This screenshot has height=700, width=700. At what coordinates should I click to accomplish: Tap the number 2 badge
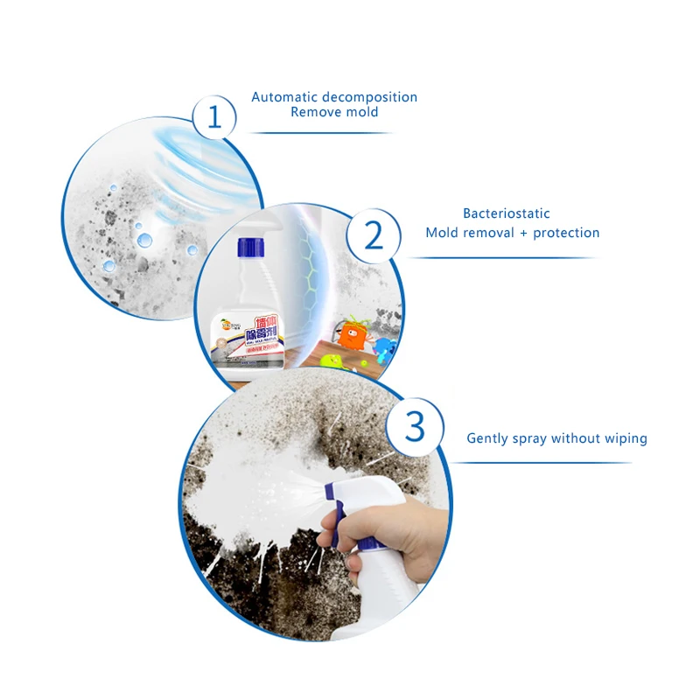pos(374,234)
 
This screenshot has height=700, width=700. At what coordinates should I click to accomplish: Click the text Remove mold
pos(334,112)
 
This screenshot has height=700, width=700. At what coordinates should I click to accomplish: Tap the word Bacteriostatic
pos(507,213)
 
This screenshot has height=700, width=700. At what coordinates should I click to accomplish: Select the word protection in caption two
pos(565,233)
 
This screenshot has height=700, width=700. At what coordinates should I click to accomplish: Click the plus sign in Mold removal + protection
pos(521,233)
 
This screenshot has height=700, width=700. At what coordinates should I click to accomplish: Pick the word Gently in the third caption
pos(488,438)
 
